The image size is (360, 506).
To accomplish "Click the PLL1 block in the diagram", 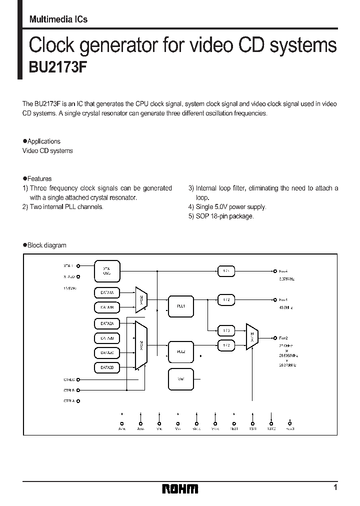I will click(x=181, y=306).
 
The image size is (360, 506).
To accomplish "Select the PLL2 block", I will click(x=181, y=351).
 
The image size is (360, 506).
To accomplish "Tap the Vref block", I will click(x=181, y=379).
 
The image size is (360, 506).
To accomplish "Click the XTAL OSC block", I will click(x=107, y=270).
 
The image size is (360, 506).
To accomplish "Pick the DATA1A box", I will click(x=107, y=292).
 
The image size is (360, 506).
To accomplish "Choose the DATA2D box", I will click(x=107, y=367).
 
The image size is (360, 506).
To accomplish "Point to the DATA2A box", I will click(x=107, y=324).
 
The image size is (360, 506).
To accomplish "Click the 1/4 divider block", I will click(x=226, y=270).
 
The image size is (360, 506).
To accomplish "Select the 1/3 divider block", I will click(x=226, y=330).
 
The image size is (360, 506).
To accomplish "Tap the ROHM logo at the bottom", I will click(x=180, y=488).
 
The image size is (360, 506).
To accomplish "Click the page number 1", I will click(x=335, y=487).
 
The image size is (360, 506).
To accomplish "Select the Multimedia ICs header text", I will click(x=58, y=19).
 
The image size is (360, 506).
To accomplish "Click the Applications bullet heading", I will click(x=43, y=141).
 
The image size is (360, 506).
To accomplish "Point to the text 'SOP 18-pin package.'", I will click(x=224, y=216).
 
